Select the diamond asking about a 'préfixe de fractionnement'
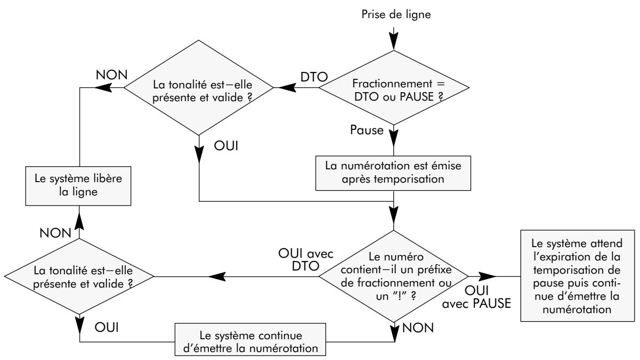tap(393, 276)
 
